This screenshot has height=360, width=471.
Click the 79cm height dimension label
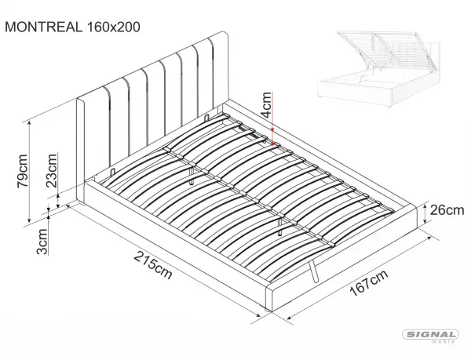pyautogui.click(x=23, y=171)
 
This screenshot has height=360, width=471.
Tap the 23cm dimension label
pyautogui.click(x=51, y=170)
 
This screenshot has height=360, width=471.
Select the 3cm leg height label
pyautogui.click(x=42, y=242)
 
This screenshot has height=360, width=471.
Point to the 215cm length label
pyautogui.click(x=153, y=265)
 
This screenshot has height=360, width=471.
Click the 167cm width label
pyautogui.click(x=369, y=282)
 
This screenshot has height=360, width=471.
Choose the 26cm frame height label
pyautogui.click(x=447, y=210)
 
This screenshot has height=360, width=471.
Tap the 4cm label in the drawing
pyautogui.click(x=266, y=105)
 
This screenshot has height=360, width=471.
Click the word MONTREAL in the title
pyautogui.click(x=43, y=27)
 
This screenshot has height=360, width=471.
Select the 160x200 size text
pyautogui.click(x=113, y=27)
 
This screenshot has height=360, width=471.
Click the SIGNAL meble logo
pyautogui.click(x=430, y=336)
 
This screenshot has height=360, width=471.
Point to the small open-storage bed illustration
pyautogui.click(x=379, y=68)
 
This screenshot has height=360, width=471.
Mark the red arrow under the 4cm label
pyautogui.click(x=272, y=132)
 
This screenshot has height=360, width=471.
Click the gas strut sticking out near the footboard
pyautogui.click(x=312, y=271)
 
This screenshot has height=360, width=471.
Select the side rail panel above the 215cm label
pyautogui.click(x=175, y=244)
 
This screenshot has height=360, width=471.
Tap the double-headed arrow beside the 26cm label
pyautogui.click(x=425, y=213)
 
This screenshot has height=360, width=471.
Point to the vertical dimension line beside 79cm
pyautogui.click(x=29, y=172)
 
